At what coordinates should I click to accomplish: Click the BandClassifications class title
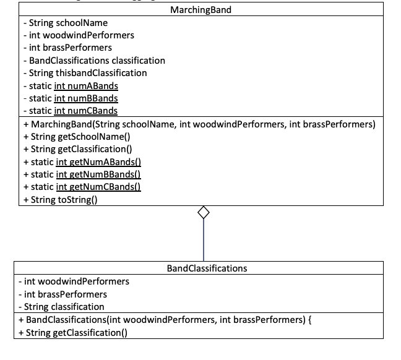[207, 268]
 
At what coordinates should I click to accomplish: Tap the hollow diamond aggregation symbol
[203, 213]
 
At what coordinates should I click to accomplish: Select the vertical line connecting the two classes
[203, 241]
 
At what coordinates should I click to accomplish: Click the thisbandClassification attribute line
[84, 73]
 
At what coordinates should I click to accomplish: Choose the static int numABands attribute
[70, 86]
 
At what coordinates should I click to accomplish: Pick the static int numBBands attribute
[70, 98]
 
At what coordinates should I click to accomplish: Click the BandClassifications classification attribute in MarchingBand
[93, 61]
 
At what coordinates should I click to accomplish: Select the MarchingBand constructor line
[198, 124]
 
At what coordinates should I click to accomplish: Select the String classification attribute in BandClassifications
[63, 307]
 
